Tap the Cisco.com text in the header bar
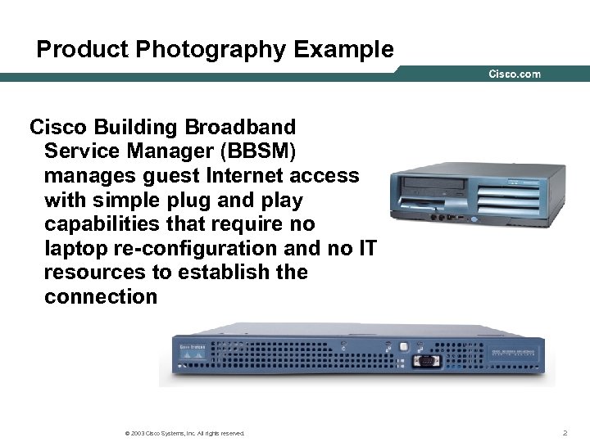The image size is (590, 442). point(515,74)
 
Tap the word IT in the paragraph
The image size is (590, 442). point(368,248)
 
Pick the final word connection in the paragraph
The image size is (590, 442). point(101,296)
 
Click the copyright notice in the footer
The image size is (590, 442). point(182,432)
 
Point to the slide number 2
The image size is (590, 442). point(565,431)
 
